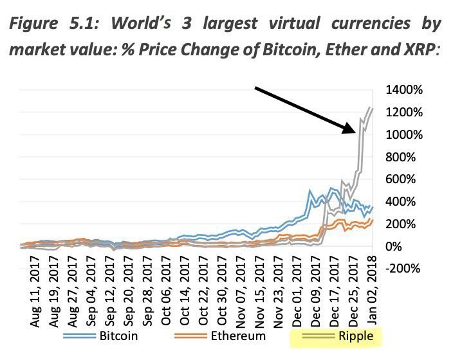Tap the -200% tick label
tap(405, 269)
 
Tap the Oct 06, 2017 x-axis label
tap(167, 288)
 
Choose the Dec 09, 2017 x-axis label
tap(317, 288)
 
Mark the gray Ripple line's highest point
tap(372, 107)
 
